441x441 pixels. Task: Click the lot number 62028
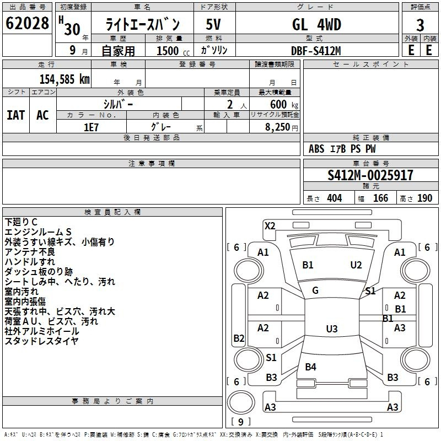click(27, 23)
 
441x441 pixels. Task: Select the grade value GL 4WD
click(316, 24)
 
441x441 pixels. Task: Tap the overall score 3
click(420, 25)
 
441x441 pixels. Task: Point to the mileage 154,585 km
click(64, 79)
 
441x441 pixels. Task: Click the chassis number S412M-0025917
click(370, 175)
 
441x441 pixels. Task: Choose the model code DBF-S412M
click(316, 51)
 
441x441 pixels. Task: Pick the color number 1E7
click(91, 127)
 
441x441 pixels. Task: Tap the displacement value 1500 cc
click(173, 51)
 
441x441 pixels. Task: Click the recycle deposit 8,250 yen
click(282, 127)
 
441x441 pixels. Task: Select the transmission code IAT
click(16, 115)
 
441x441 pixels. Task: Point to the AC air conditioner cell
click(43, 115)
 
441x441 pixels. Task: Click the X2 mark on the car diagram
click(270, 225)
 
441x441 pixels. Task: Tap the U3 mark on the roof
click(332, 329)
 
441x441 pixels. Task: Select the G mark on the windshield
click(315, 291)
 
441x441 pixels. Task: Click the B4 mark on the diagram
click(310, 367)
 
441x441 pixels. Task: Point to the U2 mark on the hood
click(356, 265)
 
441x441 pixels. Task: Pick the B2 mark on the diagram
click(239, 338)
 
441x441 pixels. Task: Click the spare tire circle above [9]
click(241, 402)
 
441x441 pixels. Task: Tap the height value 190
click(424, 198)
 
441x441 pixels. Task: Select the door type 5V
click(213, 24)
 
